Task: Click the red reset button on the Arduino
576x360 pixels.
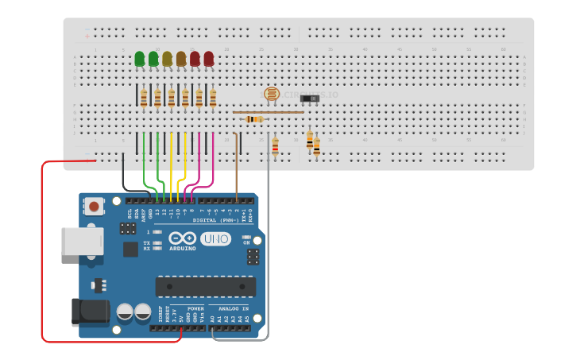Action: [x=95, y=207]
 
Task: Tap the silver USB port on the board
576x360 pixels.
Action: [x=82, y=241]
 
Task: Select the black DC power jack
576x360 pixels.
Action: [x=90, y=312]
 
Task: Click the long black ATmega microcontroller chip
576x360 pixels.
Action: [x=205, y=286]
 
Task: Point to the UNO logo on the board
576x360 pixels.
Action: [x=215, y=238]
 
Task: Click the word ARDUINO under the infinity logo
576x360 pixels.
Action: [x=183, y=249]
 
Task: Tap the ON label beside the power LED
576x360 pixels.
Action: [x=246, y=243]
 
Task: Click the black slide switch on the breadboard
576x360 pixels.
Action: [x=310, y=99]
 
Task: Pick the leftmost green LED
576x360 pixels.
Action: [x=140, y=59]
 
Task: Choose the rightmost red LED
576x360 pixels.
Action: [x=209, y=59]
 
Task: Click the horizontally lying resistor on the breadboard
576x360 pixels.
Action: [x=253, y=119]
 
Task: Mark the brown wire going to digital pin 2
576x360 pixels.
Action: [x=237, y=167]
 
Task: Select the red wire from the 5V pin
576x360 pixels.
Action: [x=42, y=254]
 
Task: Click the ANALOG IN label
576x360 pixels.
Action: [x=234, y=308]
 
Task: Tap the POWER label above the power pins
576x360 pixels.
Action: [x=195, y=308]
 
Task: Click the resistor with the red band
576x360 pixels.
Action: [x=275, y=145]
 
